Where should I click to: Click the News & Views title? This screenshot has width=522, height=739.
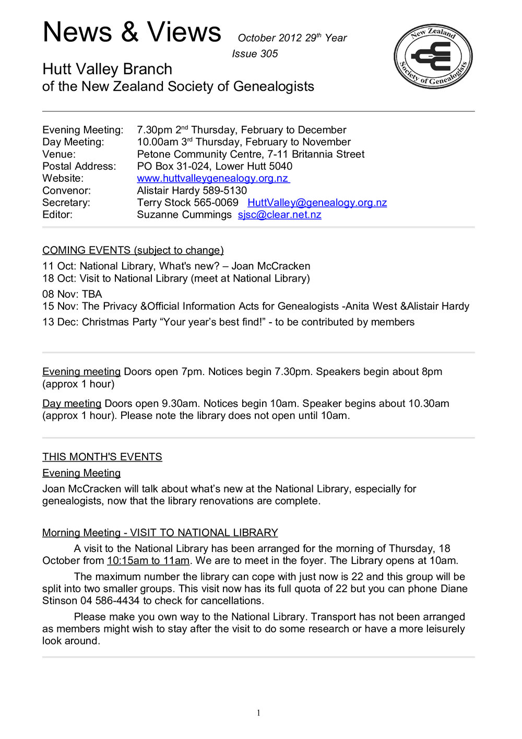point(132,32)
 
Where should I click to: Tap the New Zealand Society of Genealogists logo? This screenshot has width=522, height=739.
point(433,56)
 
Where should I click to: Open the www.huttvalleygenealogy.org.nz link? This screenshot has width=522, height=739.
point(212,179)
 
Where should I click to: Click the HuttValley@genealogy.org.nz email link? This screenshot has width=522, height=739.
point(317,203)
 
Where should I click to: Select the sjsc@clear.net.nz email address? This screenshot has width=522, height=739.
point(279,215)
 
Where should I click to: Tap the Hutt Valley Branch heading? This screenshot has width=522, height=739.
point(107,69)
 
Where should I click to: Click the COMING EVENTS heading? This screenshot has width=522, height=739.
point(133,250)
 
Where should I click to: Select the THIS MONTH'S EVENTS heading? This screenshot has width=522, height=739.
point(102,457)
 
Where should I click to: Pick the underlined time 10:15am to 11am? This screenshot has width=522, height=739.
point(148,561)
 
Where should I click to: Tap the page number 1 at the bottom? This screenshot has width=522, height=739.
point(258,713)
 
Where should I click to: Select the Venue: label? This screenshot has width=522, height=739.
point(58,155)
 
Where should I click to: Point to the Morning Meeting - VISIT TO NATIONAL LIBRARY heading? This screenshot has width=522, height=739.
point(160,533)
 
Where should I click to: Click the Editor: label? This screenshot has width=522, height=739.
point(57,215)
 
